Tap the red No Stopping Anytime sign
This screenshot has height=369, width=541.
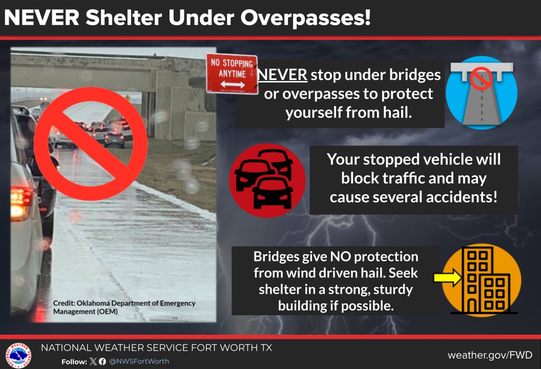[232, 74]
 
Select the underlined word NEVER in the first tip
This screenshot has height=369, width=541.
[282, 75]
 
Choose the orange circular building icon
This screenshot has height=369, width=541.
[481, 280]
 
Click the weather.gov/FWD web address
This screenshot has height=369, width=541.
[490, 355]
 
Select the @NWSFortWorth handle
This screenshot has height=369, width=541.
[138, 361]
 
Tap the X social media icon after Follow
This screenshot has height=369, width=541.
[93, 361]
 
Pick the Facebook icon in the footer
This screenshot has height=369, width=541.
[102, 361]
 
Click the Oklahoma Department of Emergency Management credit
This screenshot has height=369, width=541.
[124, 307]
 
